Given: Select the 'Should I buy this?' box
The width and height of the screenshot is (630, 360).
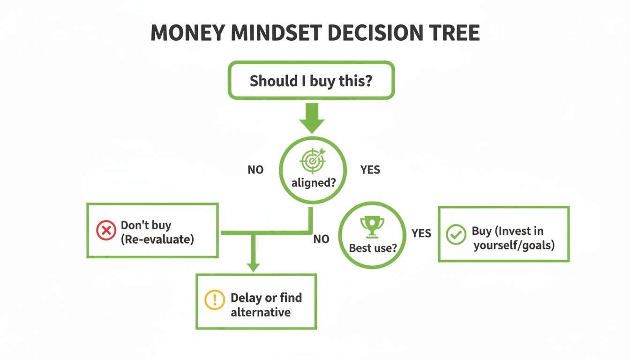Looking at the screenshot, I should [311, 81].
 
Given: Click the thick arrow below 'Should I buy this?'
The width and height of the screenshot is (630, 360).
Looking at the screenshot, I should [311, 118].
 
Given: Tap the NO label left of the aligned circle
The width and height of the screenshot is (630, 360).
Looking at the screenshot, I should [255, 170].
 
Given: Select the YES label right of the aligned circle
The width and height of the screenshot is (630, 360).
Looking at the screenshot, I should [370, 170].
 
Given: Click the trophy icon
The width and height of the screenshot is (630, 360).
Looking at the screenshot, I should [372, 226].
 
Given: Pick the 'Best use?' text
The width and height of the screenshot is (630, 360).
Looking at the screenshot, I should [373, 247].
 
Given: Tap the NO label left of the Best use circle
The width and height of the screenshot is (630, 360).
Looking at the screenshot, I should [321, 240].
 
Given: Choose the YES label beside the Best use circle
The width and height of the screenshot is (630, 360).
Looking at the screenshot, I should [421, 233].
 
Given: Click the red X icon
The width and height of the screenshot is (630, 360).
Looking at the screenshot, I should [106, 231].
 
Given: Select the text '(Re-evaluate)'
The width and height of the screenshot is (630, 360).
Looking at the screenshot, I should [157, 239].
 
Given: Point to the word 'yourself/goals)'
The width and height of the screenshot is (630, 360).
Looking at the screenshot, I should [514, 245].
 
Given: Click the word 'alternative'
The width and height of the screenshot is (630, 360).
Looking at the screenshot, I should [261, 312].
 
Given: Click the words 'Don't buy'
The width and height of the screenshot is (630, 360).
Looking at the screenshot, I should [146, 225].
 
